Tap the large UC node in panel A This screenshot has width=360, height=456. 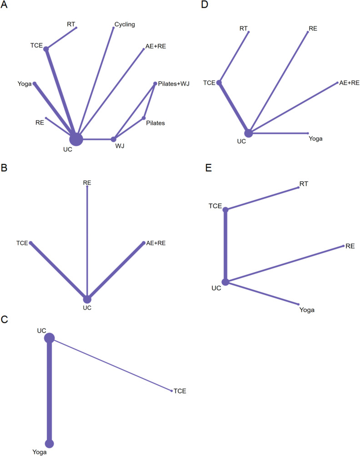click(76, 139)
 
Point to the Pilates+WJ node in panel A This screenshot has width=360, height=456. click(155, 83)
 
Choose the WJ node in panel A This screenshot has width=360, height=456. click(114, 139)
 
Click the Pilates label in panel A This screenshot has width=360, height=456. click(155, 123)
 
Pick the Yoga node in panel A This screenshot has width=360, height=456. click(35, 83)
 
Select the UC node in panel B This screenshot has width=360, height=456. click(87, 299)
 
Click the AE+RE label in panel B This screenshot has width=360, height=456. click(156, 243)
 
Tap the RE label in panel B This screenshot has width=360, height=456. click(87, 182)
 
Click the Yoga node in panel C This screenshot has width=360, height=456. click(49, 443)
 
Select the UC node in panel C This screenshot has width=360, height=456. click(49, 338)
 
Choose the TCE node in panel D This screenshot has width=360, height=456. click(219, 83)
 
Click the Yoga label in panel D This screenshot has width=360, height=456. click(315, 138)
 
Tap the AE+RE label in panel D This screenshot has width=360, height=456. click(350, 83)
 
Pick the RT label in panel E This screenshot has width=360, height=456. click(304, 183)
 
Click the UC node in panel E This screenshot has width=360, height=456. click(225, 282)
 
